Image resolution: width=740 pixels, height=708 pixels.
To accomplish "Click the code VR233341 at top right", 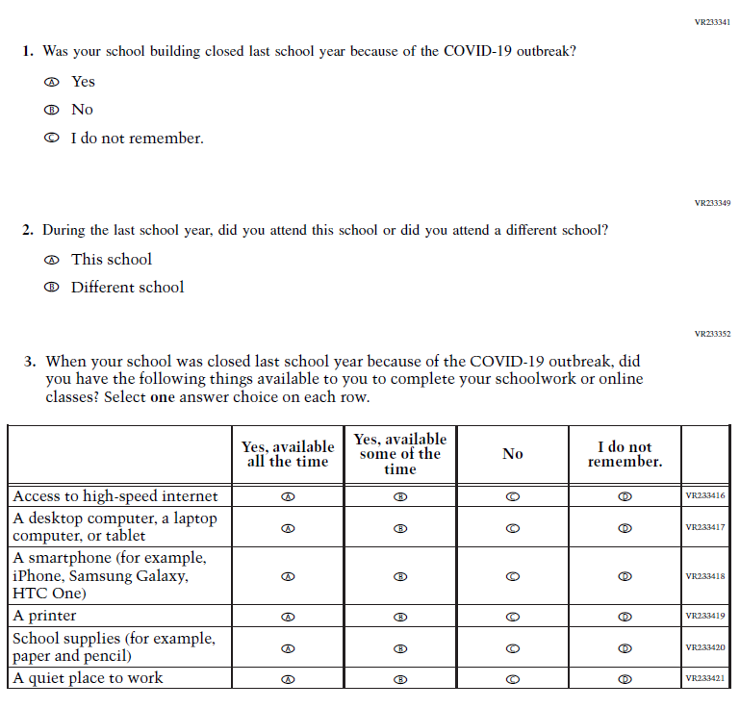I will (x=712, y=21).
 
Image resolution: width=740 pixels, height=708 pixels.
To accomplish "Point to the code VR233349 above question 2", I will (x=712, y=203).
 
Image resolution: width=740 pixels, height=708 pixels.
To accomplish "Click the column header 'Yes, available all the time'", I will (x=288, y=454).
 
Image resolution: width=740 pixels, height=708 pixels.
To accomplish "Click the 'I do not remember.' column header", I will (x=625, y=454).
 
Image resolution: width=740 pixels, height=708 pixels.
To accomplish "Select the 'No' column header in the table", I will (x=513, y=454).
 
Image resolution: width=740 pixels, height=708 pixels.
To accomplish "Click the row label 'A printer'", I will (x=44, y=616).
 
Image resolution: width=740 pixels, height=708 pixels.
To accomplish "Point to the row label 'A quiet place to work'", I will (x=88, y=678).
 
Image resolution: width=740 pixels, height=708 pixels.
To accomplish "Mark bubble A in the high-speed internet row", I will (x=288, y=497).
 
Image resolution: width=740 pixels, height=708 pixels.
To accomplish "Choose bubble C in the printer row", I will (x=513, y=617).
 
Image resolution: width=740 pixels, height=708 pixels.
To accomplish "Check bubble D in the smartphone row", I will (x=625, y=576).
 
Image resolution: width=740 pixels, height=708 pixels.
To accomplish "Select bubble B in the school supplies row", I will (x=401, y=648).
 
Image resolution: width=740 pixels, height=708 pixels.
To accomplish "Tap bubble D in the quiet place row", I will (x=625, y=679).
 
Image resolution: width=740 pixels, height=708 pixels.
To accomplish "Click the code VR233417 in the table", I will (x=705, y=527).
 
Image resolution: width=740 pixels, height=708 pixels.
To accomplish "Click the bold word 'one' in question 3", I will (x=164, y=397).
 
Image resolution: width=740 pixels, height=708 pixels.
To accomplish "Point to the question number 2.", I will (x=29, y=231).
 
